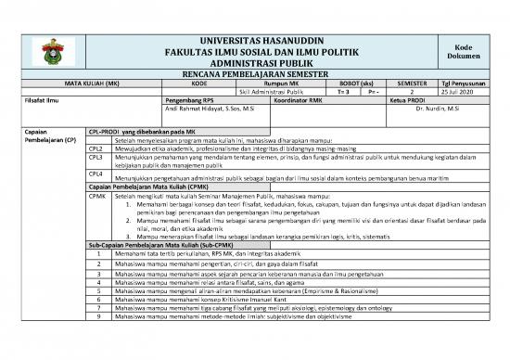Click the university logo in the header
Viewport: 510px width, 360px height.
[49, 49]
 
